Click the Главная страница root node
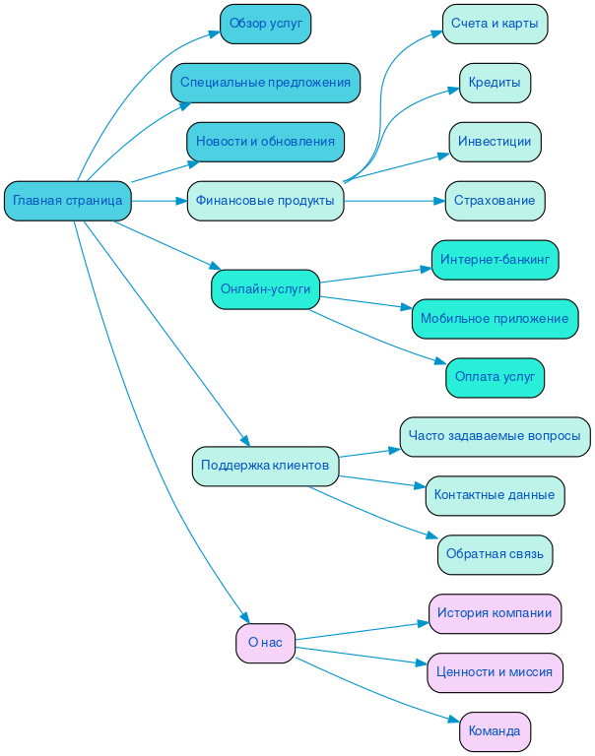(x=67, y=201)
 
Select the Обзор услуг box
(x=265, y=24)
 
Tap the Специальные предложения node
(x=265, y=83)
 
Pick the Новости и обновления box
(x=265, y=142)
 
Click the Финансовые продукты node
(x=265, y=201)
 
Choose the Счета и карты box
(x=495, y=24)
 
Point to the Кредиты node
(x=495, y=83)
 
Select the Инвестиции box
(x=495, y=142)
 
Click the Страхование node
(x=495, y=201)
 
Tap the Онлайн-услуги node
(x=265, y=289)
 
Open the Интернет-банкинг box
(x=495, y=260)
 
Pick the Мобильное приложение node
(x=495, y=319)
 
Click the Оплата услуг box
(x=495, y=377)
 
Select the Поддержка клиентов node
(x=265, y=466)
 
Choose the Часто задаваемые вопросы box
(x=495, y=436)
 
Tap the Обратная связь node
(x=495, y=554)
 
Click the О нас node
(x=265, y=643)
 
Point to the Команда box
(x=495, y=731)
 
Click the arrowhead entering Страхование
(x=438, y=201)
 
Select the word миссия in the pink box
(x=531, y=672)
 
